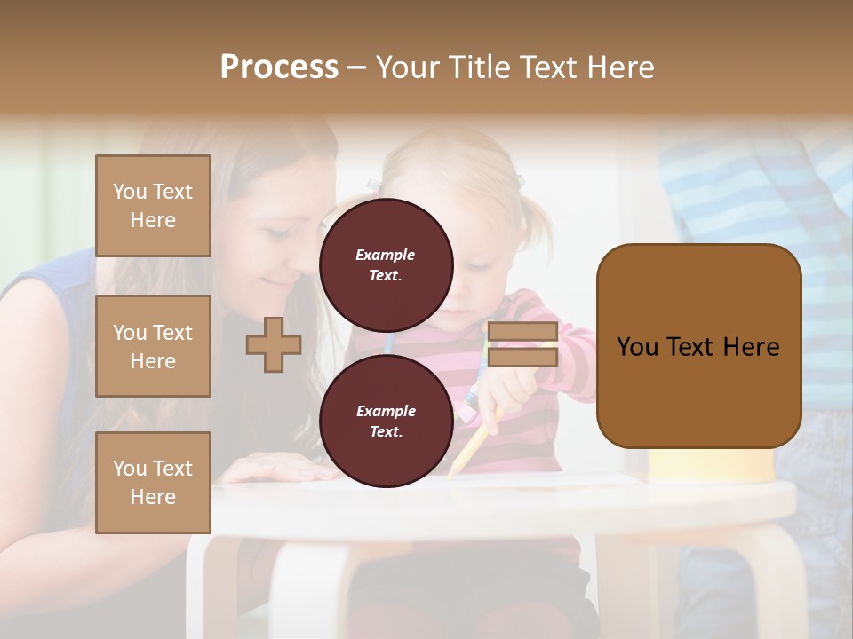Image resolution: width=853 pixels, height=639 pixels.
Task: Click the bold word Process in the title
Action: pos(279,67)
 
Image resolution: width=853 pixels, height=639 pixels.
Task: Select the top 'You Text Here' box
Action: pos(153,206)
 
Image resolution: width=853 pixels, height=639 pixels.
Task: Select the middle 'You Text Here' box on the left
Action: pos(153,346)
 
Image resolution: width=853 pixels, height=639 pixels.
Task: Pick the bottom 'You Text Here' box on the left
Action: pos(153,483)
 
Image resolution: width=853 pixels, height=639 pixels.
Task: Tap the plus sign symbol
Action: pos(274,344)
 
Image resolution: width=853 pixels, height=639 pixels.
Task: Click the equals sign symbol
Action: pos(522,344)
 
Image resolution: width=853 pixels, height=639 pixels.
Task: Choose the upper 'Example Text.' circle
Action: pos(386,264)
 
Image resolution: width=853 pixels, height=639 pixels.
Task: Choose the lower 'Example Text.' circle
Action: pos(386,421)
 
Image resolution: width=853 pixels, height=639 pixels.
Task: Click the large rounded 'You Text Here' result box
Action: pos(698,346)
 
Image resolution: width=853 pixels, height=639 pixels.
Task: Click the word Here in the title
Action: pos(620,67)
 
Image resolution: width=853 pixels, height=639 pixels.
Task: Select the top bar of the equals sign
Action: pos(522,332)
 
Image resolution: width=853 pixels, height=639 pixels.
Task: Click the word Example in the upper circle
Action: pos(386,255)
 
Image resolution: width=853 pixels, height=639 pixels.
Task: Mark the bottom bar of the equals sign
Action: pos(522,357)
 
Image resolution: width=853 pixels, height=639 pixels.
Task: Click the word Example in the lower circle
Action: pos(386,411)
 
